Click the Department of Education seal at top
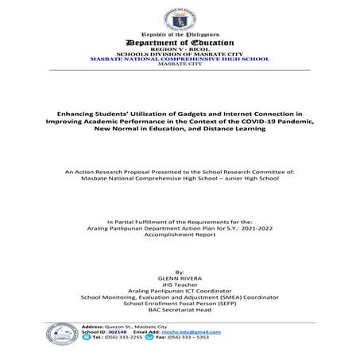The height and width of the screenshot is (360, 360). [180, 17]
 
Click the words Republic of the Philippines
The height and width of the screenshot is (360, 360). [180, 36]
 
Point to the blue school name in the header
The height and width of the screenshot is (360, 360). [180, 59]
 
